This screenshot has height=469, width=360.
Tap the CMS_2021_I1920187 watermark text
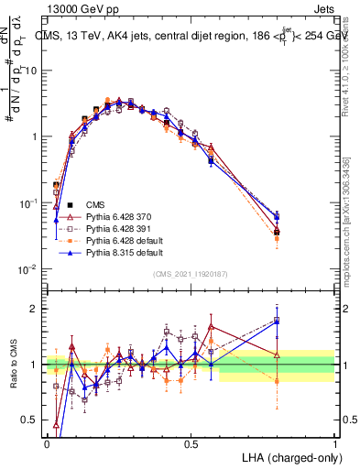pos(191,273)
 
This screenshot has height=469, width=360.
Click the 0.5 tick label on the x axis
pos(191,442)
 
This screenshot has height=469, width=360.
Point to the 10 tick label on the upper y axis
pos(34,71)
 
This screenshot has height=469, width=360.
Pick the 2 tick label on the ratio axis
pos(36,309)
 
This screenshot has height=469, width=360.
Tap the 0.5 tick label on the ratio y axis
pos(31,420)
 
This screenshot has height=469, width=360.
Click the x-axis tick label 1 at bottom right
pos(334,442)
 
